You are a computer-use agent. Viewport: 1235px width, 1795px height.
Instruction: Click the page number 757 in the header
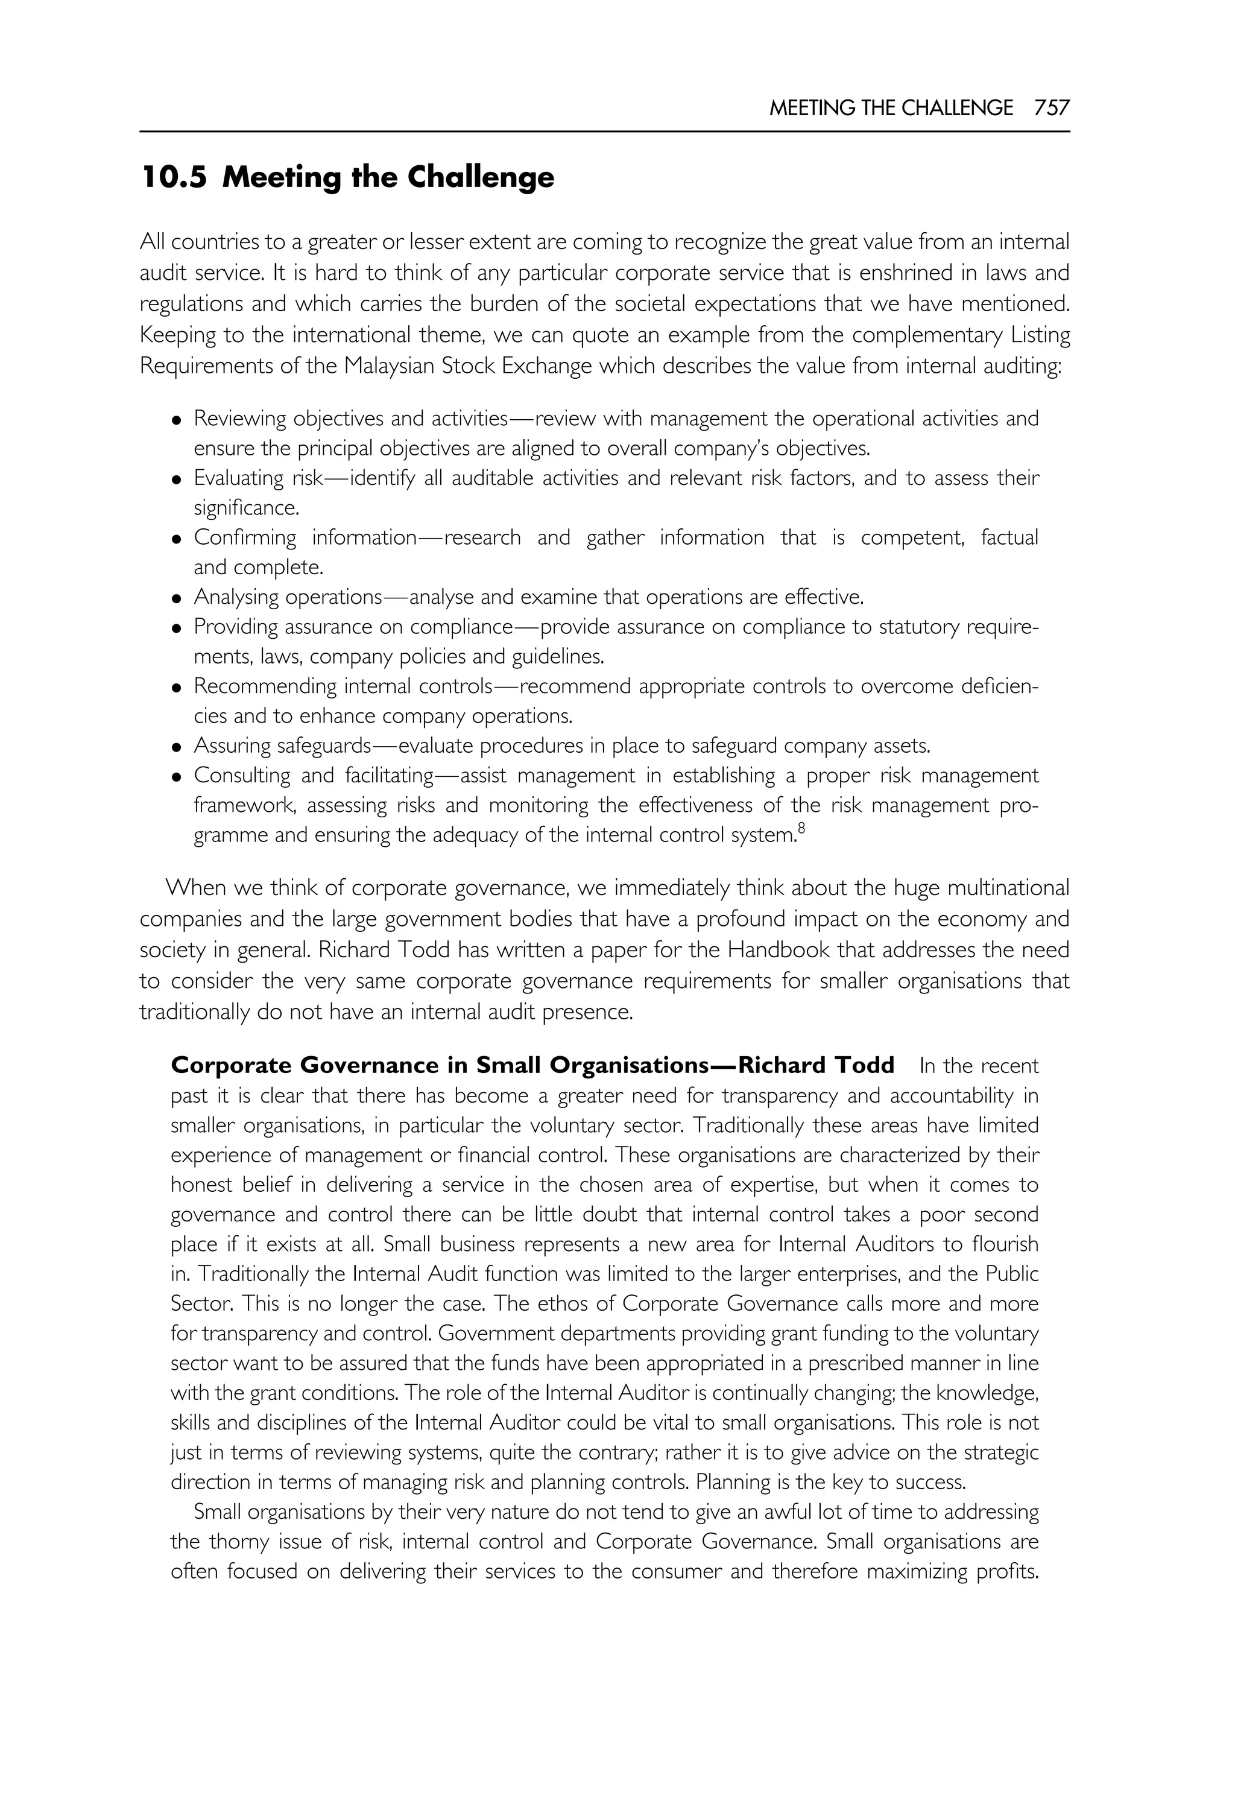coord(1052,107)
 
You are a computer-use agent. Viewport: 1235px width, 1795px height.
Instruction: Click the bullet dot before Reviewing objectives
coord(177,420)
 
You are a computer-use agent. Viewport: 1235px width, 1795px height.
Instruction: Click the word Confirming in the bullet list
coord(244,538)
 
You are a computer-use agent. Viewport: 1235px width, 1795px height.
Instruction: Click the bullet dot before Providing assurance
coord(177,628)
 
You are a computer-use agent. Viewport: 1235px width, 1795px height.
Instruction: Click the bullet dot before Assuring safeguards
coord(177,748)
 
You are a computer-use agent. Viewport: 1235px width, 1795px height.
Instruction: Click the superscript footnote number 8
coord(801,830)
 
